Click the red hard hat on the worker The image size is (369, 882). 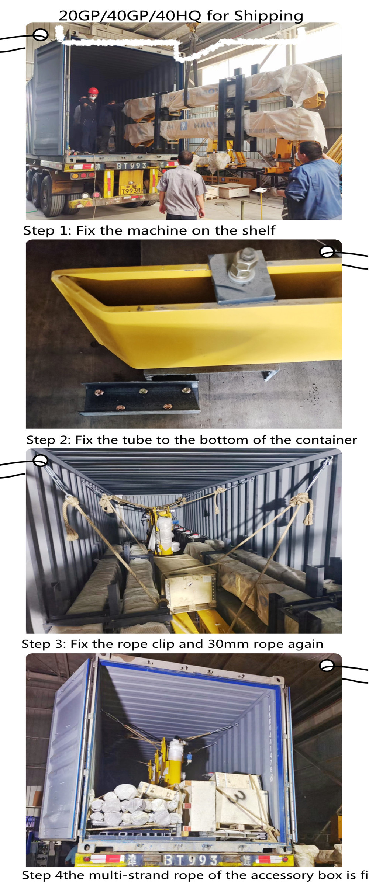(x=93, y=90)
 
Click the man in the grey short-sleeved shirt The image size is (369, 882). (x=182, y=188)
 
